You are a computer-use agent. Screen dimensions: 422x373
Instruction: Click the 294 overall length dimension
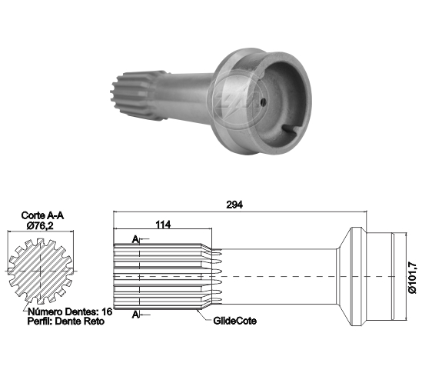pos(234,205)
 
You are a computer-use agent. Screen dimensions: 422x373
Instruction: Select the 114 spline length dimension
pos(163,224)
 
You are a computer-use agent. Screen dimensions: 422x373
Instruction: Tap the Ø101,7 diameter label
pos(412,278)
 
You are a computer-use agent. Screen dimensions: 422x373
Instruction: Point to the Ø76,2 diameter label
pos(40,225)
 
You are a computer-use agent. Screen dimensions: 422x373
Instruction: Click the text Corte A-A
pos(42,215)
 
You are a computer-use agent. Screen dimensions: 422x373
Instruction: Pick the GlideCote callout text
pos(234,321)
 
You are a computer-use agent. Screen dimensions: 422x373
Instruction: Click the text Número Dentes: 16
pos(70,311)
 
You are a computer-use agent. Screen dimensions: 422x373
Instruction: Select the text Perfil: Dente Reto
pos(66,321)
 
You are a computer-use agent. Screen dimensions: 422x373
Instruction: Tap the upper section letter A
pos(135,239)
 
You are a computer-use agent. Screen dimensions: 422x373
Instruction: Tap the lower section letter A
pos(135,315)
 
